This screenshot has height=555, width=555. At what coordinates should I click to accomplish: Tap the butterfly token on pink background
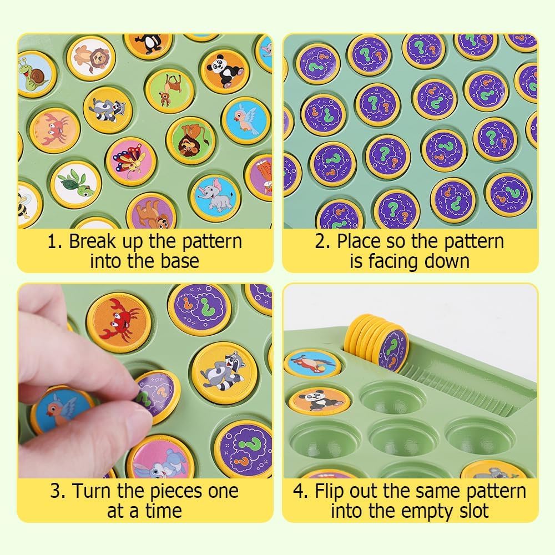click(132, 162)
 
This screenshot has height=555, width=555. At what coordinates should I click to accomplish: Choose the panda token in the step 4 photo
click(319, 401)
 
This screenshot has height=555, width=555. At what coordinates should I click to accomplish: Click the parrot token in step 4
click(311, 362)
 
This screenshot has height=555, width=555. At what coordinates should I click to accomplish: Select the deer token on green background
click(170, 91)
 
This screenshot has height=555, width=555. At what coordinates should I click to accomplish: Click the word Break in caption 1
click(92, 241)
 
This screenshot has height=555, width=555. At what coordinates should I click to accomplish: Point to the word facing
click(392, 262)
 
